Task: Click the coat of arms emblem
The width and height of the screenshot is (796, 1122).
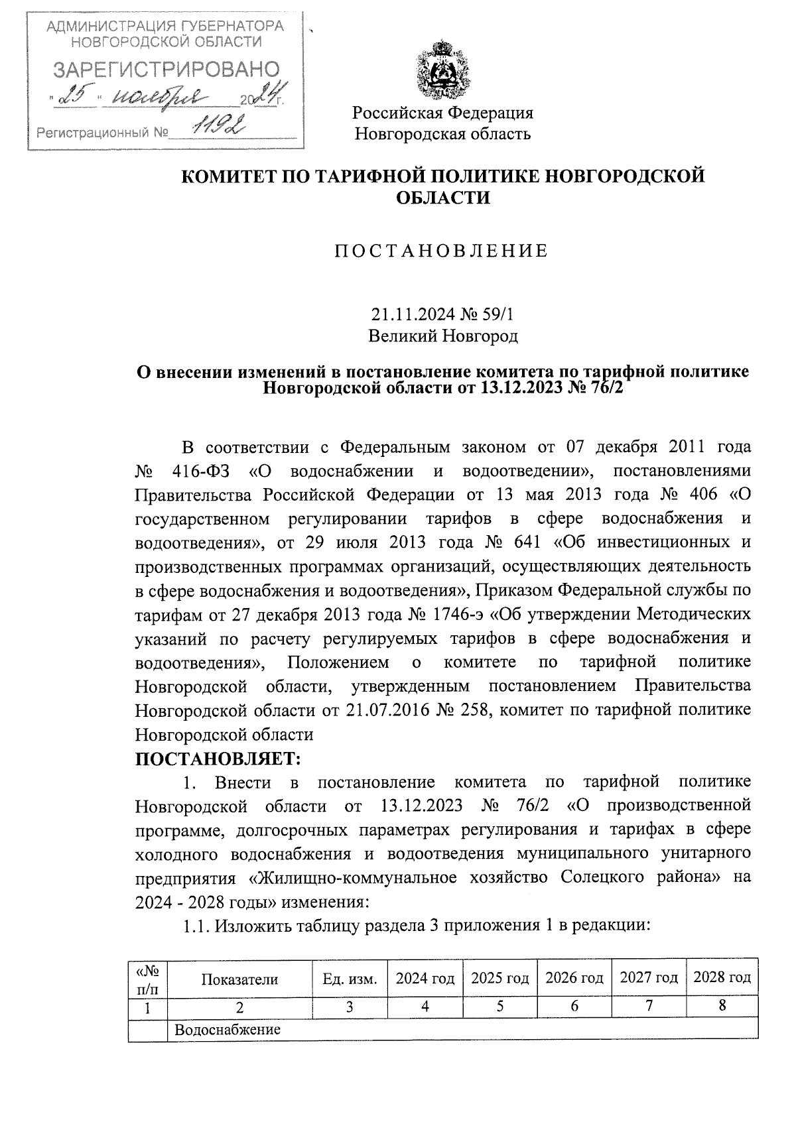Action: click(x=442, y=68)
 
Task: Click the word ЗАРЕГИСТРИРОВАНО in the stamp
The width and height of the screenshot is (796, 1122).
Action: click(x=166, y=68)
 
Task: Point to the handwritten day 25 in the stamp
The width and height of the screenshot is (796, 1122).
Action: click(x=74, y=97)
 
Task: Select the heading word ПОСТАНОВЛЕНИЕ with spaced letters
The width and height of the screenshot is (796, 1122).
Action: click(x=442, y=251)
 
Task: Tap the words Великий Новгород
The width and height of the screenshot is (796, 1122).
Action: click(x=442, y=336)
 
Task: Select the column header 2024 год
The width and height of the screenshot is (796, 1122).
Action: click(x=425, y=978)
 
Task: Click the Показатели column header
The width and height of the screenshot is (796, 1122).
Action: click(x=239, y=979)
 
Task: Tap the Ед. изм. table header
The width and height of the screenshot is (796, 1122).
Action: click(x=350, y=979)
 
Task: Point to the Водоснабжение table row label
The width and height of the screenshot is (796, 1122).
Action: click(x=228, y=1030)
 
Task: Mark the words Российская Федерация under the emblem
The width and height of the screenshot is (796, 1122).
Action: click(x=442, y=113)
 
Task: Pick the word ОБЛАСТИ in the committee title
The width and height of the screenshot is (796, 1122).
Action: click(x=442, y=198)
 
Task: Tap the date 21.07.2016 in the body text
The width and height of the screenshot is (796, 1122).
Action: click(x=384, y=710)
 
